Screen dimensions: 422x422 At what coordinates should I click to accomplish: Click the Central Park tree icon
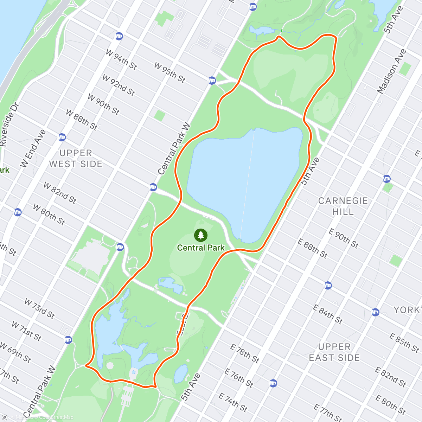coord(200,235)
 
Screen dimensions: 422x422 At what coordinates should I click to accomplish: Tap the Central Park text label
coord(200,248)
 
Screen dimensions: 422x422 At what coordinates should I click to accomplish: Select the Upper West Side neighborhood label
coord(76,159)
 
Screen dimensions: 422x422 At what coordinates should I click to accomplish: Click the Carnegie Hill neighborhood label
coord(343,206)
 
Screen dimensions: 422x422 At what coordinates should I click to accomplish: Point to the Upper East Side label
coord(334,352)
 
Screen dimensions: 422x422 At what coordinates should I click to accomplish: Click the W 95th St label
coord(170,72)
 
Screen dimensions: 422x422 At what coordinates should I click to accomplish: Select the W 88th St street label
coord(82,120)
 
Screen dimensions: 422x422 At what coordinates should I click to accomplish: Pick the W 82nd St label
coord(60,193)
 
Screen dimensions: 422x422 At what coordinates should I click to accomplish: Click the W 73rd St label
coord(39,308)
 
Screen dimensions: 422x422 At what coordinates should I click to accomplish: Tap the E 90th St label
coord(344,238)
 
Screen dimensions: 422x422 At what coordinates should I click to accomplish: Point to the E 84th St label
coord(328,314)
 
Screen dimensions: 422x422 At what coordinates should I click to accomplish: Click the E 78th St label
coord(245,353)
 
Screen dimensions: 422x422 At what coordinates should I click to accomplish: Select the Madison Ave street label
coord(391,71)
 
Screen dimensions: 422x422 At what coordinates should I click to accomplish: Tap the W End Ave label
coord(33,148)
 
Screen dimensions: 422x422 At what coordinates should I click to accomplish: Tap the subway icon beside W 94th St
coord(119,36)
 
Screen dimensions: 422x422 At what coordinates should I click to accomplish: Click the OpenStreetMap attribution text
coord(56,417)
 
